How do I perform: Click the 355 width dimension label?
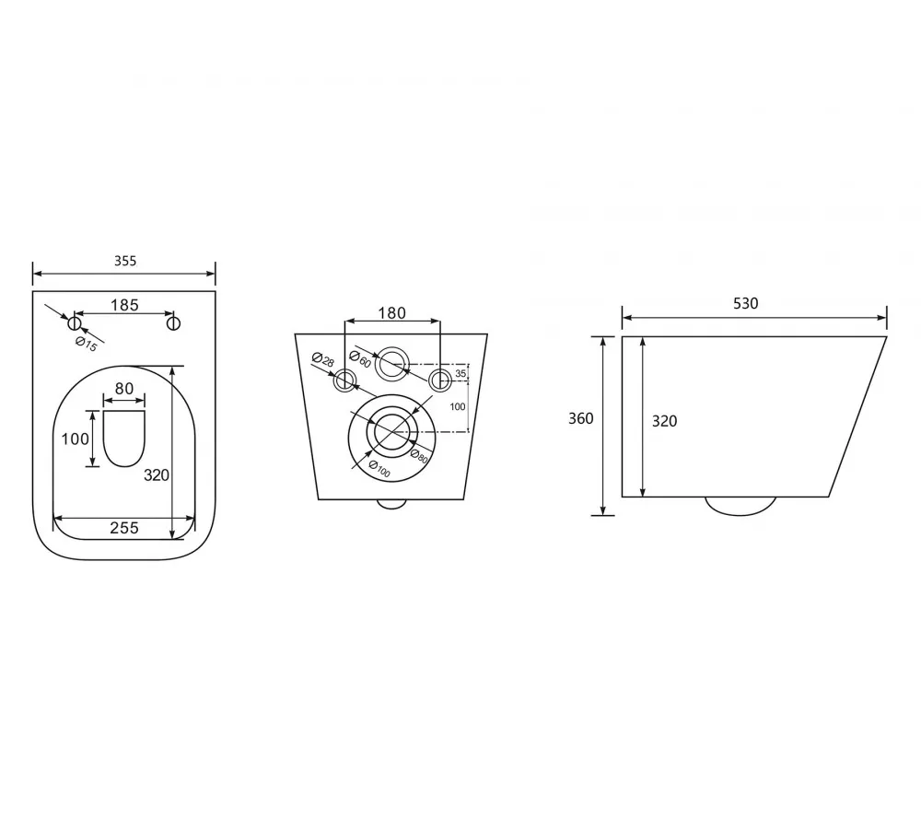(125, 261)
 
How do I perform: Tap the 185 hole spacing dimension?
(124, 305)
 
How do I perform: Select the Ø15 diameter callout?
(87, 344)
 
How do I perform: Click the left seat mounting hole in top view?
(74, 322)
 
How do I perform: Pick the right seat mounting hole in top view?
(173, 322)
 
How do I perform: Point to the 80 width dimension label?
(124, 389)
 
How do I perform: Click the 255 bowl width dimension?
(124, 528)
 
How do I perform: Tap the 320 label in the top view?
(157, 474)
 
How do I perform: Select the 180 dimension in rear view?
(391, 313)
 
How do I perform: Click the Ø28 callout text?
(322, 358)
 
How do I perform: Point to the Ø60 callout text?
(360, 358)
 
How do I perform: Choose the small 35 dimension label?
(460, 373)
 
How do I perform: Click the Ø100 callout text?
(379, 469)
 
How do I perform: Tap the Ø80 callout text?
(419, 456)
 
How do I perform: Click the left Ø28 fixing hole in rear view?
(344, 380)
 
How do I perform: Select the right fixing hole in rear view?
(439, 380)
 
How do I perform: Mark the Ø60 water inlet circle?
(391, 364)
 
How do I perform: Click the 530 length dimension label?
(745, 303)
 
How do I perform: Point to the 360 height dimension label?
(580, 418)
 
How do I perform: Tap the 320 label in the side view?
(664, 421)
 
